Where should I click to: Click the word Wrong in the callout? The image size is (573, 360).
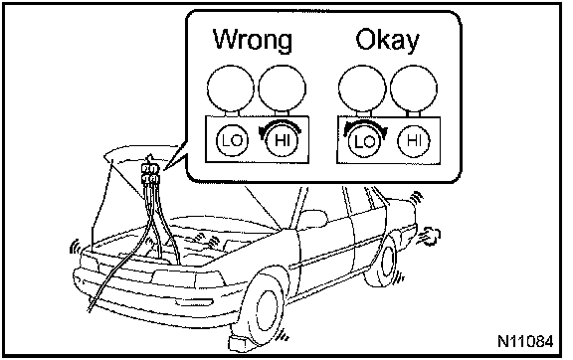(253, 40)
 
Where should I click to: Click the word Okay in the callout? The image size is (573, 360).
(387, 39)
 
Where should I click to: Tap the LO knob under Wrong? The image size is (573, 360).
(232, 140)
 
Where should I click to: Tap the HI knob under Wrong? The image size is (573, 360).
(282, 140)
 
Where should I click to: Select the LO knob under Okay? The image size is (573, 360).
(364, 141)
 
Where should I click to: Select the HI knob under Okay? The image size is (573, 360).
(414, 140)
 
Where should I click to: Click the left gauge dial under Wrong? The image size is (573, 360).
(230, 89)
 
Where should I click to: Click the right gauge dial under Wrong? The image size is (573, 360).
(282, 89)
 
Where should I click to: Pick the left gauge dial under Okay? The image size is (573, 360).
(362, 89)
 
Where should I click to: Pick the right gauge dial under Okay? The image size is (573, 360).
(413, 89)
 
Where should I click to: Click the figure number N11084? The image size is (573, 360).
(525, 341)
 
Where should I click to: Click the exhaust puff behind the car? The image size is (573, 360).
(431, 236)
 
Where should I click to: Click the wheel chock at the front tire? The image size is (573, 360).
(240, 343)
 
